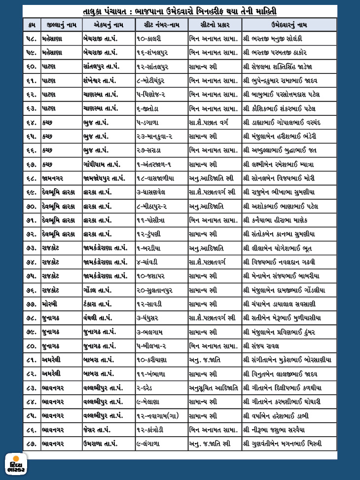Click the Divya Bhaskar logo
click(x=16, y=464)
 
